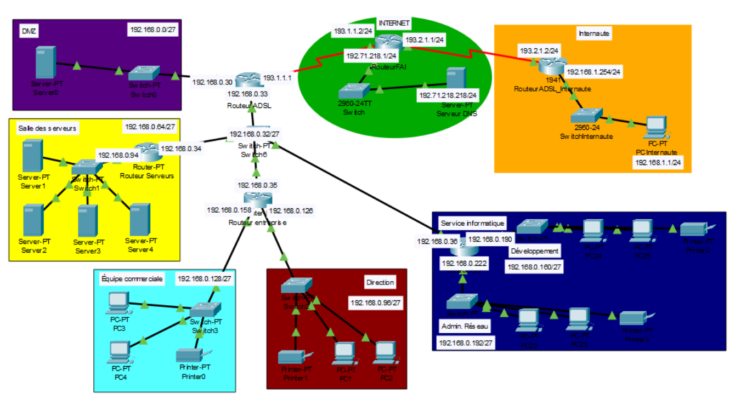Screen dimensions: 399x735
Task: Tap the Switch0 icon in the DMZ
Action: [x=145, y=73]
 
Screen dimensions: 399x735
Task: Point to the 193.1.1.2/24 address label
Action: [x=353, y=32]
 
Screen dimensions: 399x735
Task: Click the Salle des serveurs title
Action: [x=47, y=128]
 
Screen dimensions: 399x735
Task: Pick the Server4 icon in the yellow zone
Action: [x=140, y=220]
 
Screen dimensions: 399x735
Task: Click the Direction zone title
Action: [x=380, y=282]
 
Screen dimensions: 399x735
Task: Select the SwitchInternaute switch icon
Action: [x=585, y=117]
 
